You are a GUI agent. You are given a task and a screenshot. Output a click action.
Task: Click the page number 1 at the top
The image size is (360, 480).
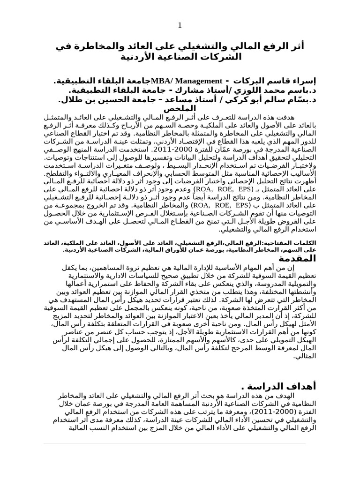pyautogui.click(x=180, y=25)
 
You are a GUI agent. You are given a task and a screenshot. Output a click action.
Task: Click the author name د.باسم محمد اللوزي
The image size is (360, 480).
pyautogui.click(x=271, y=90)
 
